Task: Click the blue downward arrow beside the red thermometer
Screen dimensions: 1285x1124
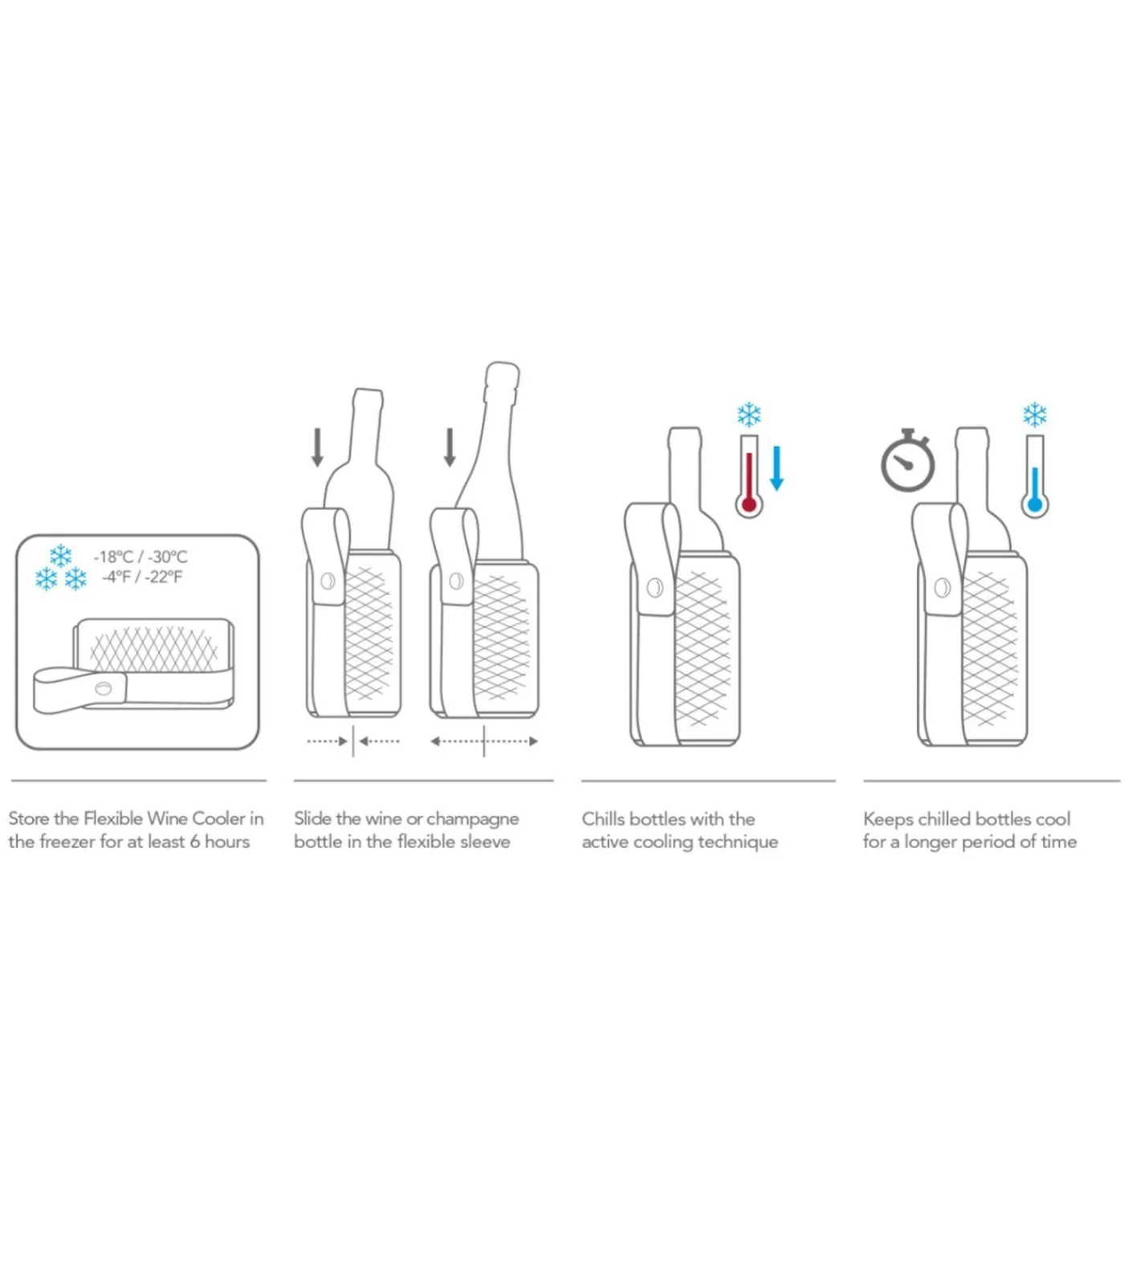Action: tap(776, 468)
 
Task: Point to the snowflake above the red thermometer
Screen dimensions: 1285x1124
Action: tap(748, 414)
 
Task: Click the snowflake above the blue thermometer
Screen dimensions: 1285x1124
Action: tap(1034, 414)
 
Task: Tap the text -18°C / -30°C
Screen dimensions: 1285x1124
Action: tap(140, 557)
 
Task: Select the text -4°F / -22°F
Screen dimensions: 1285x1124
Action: tap(141, 577)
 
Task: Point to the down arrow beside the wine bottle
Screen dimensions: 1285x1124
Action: tap(317, 447)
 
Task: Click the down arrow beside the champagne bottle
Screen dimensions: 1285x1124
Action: tap(450, 447)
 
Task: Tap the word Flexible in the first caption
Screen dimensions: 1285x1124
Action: tap(113, 818)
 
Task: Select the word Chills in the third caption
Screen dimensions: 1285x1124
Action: tap(603, 818)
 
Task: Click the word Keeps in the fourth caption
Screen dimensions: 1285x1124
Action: tap(887, 819)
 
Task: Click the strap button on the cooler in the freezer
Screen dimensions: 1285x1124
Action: tap(104, 688)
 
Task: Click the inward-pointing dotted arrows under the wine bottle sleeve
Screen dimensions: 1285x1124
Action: tap(353, 741)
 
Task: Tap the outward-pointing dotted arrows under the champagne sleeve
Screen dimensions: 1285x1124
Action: tap(484, 741)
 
